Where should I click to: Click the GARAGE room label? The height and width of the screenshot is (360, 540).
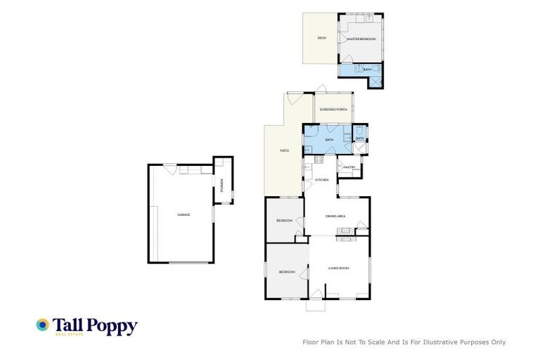click(x=184, y=214)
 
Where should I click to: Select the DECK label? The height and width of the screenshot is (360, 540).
click(x=321, y=38)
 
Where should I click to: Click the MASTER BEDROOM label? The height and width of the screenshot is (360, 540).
click(x=361, y=39)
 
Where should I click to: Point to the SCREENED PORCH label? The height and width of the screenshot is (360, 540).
click(x=333, y=110)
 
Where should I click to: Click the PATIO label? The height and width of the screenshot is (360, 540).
click(x=285, y=150)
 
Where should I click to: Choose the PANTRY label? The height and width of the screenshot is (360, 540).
click(x=349, y=167)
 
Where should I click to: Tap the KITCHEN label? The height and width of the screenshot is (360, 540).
click(x=321, y=181)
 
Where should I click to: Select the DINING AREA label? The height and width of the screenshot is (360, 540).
click(x=335, y=217)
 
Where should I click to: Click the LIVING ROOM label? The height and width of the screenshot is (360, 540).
click(x=339, y=268)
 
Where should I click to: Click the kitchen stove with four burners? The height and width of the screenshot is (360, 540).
click(x=319, y=160)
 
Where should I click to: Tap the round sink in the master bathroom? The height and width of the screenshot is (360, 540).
click(x=358, y=69)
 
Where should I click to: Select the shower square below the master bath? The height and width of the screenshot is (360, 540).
click(x=377, y=81)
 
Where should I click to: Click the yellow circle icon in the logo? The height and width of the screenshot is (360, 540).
click(x=43, y=324)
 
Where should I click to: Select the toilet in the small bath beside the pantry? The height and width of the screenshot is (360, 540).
click(x=359, y=130)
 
